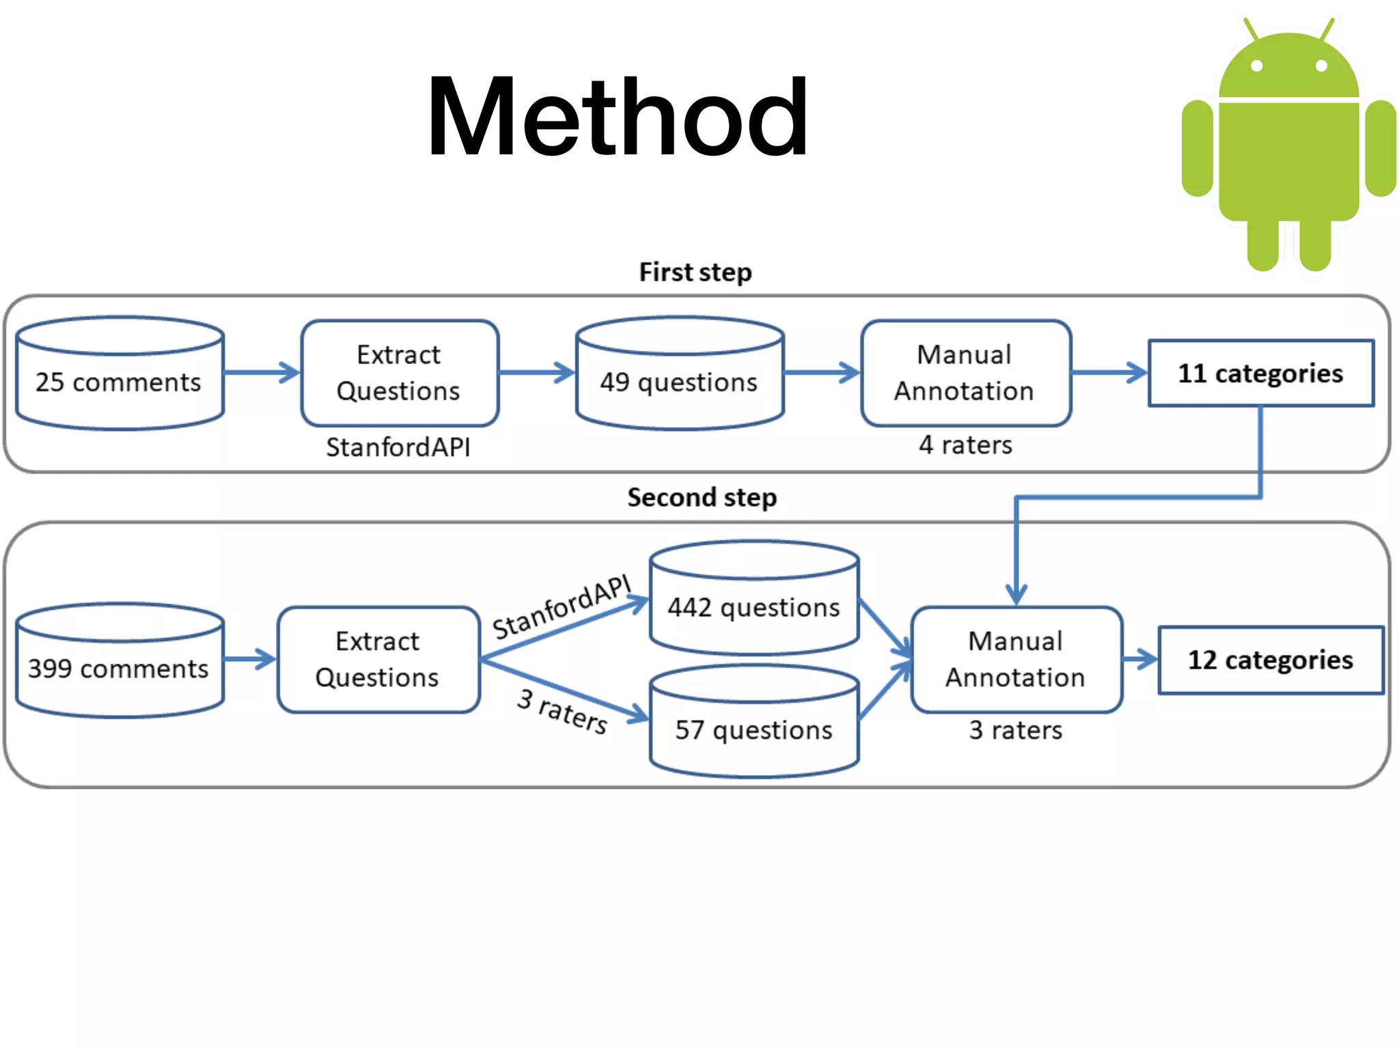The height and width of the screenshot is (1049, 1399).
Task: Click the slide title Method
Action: (x=617, y=117)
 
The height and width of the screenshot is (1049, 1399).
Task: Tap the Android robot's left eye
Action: (x=1257, y=66)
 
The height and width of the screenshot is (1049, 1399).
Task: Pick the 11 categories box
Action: (x=1260, y=373)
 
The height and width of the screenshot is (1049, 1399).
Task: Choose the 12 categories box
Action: (x=1270, y=660)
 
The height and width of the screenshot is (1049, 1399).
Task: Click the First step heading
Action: (x=695, y=272)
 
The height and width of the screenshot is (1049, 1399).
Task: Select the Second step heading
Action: (x=702, y=497)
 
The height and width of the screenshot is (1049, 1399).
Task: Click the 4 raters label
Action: (x=965, y=445)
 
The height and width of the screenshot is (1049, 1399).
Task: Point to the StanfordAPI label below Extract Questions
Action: (x=398, y=447)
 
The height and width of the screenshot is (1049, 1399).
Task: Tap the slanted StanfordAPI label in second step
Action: (x=562, y=606)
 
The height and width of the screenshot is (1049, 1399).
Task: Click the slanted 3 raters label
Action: (x=562, y=711)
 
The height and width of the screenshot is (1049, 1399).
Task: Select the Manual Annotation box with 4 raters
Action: (x=965, y=373)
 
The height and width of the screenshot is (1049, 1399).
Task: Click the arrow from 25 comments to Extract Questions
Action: (x=262, y=373)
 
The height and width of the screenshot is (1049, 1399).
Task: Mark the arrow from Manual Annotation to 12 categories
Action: (x=1139, y=660)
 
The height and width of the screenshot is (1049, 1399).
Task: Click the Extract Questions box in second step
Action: (x=378, y=660)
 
